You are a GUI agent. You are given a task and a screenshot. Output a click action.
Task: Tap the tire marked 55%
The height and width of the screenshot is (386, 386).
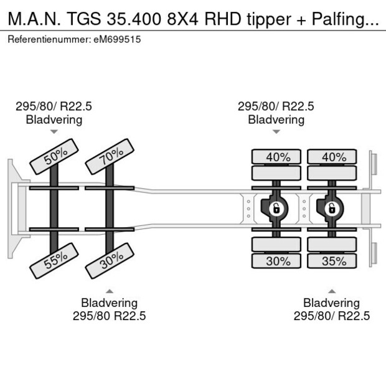coord(55,260)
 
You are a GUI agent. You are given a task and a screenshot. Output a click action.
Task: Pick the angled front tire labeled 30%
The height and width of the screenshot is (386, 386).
coord(109,260)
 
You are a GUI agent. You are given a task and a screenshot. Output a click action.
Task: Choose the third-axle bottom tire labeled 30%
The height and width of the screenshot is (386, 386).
coord(278,261)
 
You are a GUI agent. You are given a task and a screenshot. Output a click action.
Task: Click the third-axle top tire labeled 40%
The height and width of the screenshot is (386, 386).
coord(278,157)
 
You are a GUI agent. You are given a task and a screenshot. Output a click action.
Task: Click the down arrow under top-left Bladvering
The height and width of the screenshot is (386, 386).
coord(54,131)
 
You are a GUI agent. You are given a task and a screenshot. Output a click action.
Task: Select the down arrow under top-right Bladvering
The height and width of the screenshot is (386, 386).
coord(276,131)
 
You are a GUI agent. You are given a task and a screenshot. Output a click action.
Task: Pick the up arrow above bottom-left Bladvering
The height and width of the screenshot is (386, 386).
coord(109,291)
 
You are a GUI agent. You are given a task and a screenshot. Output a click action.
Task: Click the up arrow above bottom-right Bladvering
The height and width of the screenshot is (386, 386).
coord(332,291)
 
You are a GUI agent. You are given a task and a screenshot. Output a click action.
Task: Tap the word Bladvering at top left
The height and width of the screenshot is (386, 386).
coord(54,120)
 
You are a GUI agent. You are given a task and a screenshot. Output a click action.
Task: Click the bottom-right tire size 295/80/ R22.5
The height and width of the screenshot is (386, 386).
coord(332,316)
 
